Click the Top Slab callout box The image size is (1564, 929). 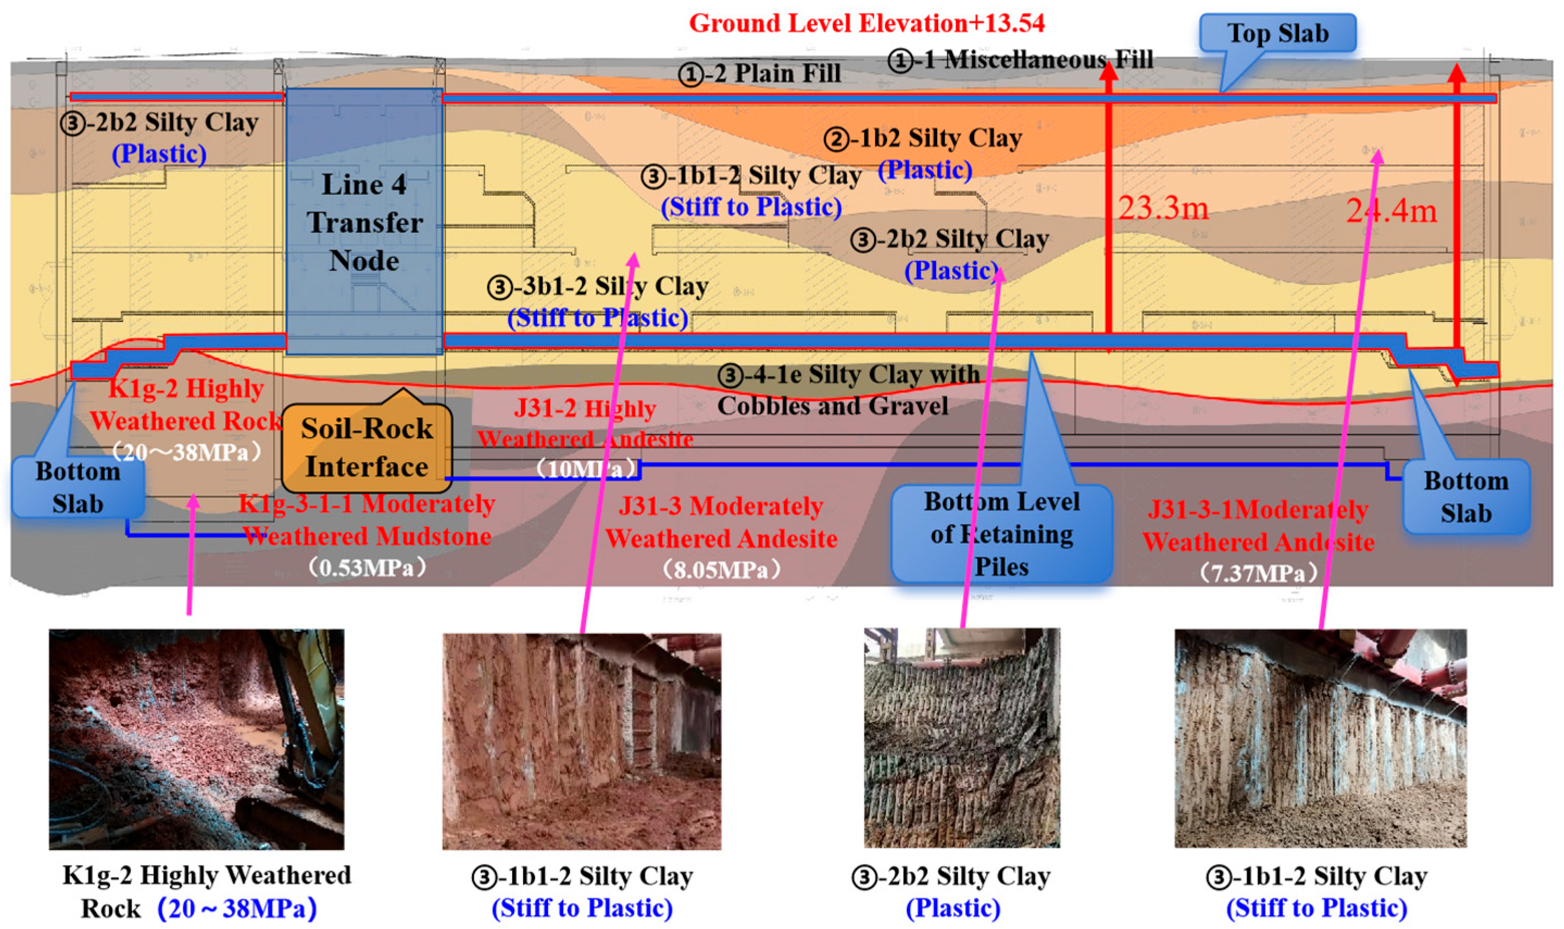[1277, 33]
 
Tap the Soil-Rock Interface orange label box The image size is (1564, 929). [367, 448]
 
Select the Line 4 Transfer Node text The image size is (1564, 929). [364, 222]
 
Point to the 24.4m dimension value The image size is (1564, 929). [1391, 211]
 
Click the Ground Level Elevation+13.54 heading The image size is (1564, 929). [867, 23]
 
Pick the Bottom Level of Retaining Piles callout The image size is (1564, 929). [1001, 534]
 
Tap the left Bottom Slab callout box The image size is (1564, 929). [78, 487]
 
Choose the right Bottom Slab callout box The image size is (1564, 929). [1466, 497]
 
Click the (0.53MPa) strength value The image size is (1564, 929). [367, 568]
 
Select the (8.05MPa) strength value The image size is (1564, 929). [721, 570]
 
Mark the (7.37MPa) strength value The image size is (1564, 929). [1258, 573]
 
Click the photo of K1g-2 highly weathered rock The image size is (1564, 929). [197, 739]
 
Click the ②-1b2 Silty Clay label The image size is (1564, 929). [922, 139]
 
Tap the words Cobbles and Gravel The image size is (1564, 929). [832, 406]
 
